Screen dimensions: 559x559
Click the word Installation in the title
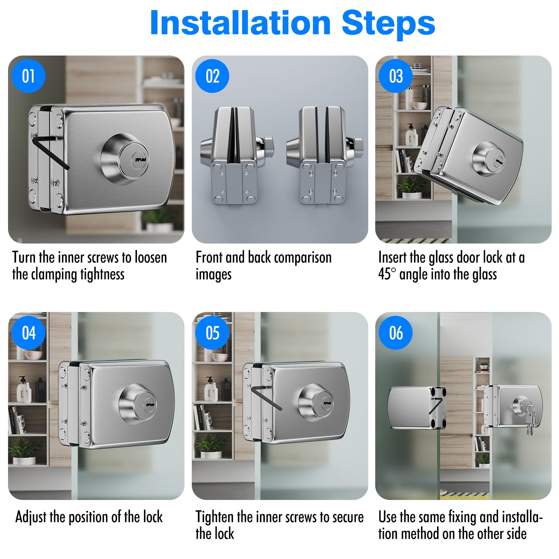click(x=240, y=23)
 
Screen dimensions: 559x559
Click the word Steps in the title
click(x=388, y=23)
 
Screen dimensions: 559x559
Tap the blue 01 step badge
click(x=29, y=76)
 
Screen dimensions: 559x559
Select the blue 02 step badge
click(x=212, y=76)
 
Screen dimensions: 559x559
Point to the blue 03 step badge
click(x=396, y=76)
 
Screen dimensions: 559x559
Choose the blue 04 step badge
click(x=29, y=333)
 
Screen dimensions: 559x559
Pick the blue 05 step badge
click(x=212, y=333)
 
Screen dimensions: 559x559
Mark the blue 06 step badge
click(x=396, y=333)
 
